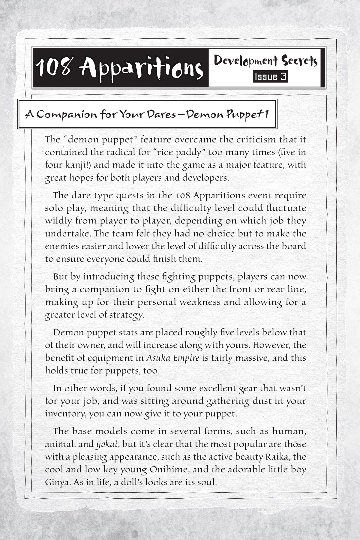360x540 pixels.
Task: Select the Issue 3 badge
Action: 270,77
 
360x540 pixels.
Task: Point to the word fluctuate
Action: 286,208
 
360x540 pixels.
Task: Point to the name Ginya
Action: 55,483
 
